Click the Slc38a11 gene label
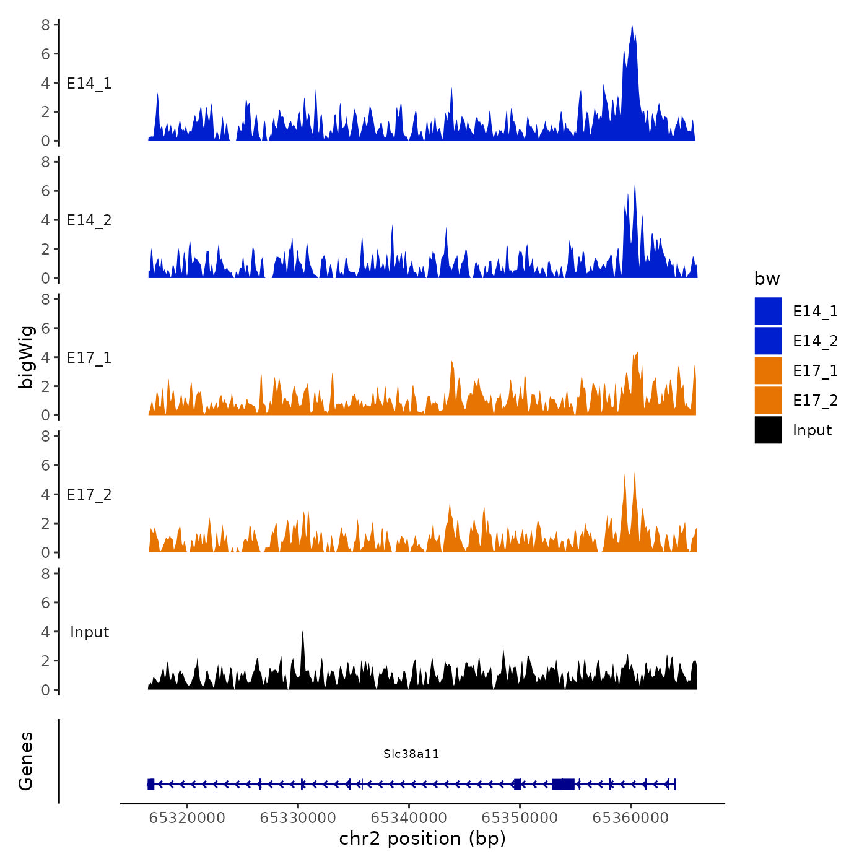tap(411, 754)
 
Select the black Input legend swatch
tap(768, 430)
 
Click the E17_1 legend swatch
tap(768, 370)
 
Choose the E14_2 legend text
tap(815, 341)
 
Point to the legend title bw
tap(767, 279)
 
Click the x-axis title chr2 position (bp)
tap(422, 839)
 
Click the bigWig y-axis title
tap(26, 357)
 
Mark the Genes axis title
tap(26, 761)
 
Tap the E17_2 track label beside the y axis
tap(89, 495)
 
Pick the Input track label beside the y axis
tap(89, 632)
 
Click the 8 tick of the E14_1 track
tap(46, 25)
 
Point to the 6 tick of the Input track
tap(46, 603)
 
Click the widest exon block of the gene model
tap(564, 784)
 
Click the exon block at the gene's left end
tap(150, 784)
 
